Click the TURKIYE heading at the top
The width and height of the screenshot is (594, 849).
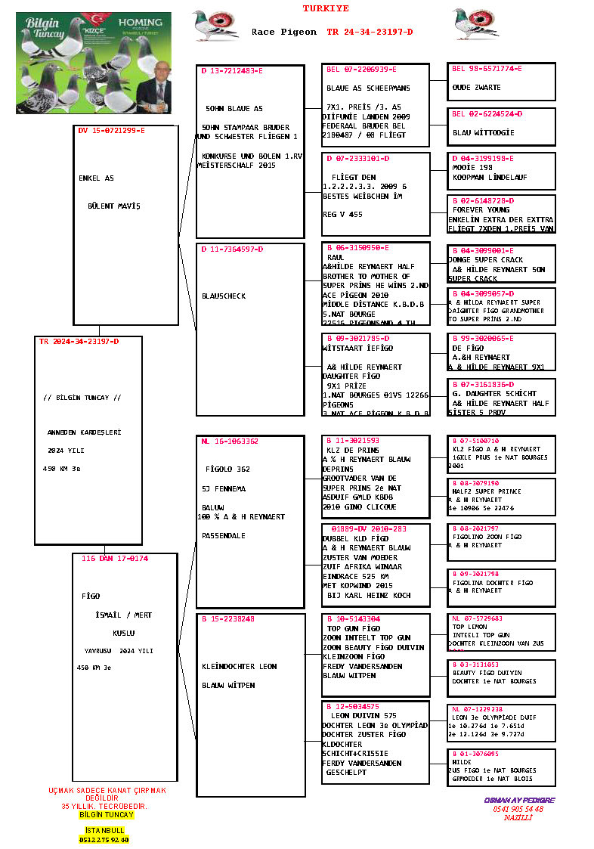326,9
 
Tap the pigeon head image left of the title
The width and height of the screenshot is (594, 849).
215,24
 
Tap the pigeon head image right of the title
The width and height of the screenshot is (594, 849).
475,24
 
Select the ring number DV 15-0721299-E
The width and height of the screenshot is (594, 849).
111,131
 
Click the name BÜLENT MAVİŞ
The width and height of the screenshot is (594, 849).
113,206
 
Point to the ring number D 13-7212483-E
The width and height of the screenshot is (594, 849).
232,70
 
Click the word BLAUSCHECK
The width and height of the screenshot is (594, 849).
224,296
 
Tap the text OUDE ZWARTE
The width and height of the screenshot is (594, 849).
476,88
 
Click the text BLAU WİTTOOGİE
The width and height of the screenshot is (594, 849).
483,132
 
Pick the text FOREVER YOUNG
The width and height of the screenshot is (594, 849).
481,210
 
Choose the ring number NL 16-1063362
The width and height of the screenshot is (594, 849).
230,441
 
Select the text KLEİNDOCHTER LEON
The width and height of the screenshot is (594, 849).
239,666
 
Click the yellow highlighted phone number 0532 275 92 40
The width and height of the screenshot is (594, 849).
104,839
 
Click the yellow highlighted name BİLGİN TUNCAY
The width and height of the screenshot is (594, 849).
106,814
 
